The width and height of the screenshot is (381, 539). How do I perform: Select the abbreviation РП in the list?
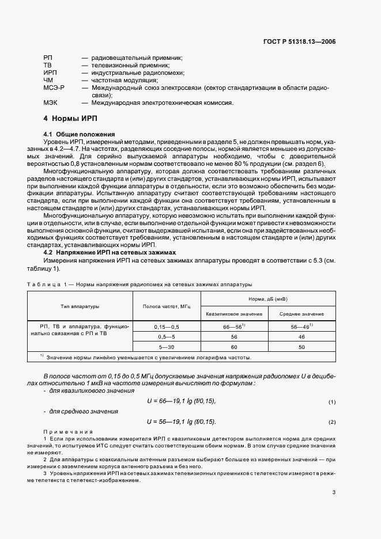[x=47, y=58]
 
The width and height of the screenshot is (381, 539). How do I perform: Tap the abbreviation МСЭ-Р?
[x=54, y=88]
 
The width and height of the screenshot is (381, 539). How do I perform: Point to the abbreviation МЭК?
[x=50, y=103]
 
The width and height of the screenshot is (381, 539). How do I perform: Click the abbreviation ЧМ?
[x=48, y=81]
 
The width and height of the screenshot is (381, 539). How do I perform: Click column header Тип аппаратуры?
[x=81, y=306]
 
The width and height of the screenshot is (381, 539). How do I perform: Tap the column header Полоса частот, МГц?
[x=167, y=306]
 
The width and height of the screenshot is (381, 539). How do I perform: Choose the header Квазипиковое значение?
[x=234, y=314]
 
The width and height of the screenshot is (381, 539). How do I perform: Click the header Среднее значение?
[x=301, y=314]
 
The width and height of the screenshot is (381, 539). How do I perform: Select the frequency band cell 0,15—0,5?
[x=167, y=327]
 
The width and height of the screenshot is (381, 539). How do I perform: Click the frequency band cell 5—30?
[x=167, y=347]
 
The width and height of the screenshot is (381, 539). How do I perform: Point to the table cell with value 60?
[x=234, y=347]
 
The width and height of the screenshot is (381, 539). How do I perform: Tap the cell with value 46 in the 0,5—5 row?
[x=301, y=337]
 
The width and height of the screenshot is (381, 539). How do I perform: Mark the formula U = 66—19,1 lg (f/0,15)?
[x=182, y=401]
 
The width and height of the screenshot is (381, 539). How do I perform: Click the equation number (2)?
[x=332, y=423]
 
